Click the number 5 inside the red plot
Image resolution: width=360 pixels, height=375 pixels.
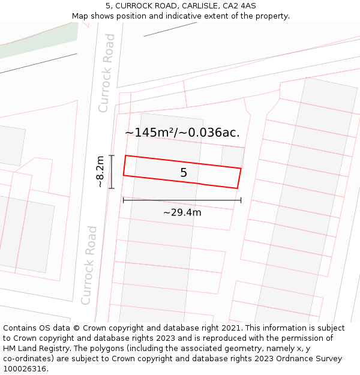click(x=184, y=173)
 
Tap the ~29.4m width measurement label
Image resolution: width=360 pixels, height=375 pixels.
click(x=182, y=212)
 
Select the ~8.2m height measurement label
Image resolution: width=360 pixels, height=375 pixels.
click(x=100, y=172)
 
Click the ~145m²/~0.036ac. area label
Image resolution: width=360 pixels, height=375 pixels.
click(x=182, y=133)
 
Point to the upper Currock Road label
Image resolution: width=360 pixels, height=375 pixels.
click(x=107, y=73)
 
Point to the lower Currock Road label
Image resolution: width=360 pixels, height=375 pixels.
click(x=89, y=265)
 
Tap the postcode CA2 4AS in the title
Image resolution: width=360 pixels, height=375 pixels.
click(x=239, y=6)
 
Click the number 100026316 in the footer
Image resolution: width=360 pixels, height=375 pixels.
click(x=25, y=368)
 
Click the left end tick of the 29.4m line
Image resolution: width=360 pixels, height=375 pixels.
click(x=123, y=200)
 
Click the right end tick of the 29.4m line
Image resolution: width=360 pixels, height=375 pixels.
click(x=241, y=200)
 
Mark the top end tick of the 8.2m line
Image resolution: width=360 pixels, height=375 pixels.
click(x=112, y=155)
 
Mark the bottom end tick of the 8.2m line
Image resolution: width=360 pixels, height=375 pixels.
click(x=112, y=188)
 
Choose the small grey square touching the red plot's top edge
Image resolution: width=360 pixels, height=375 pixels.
click(x=233, y=157)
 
